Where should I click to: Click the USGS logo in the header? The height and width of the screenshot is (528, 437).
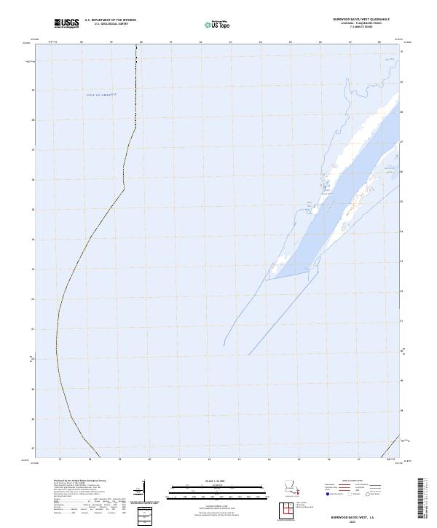coord(66,23)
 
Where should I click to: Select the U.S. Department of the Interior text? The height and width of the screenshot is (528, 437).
coord(110,20)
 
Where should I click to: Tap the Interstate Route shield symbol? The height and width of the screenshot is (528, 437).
coord(329,494)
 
